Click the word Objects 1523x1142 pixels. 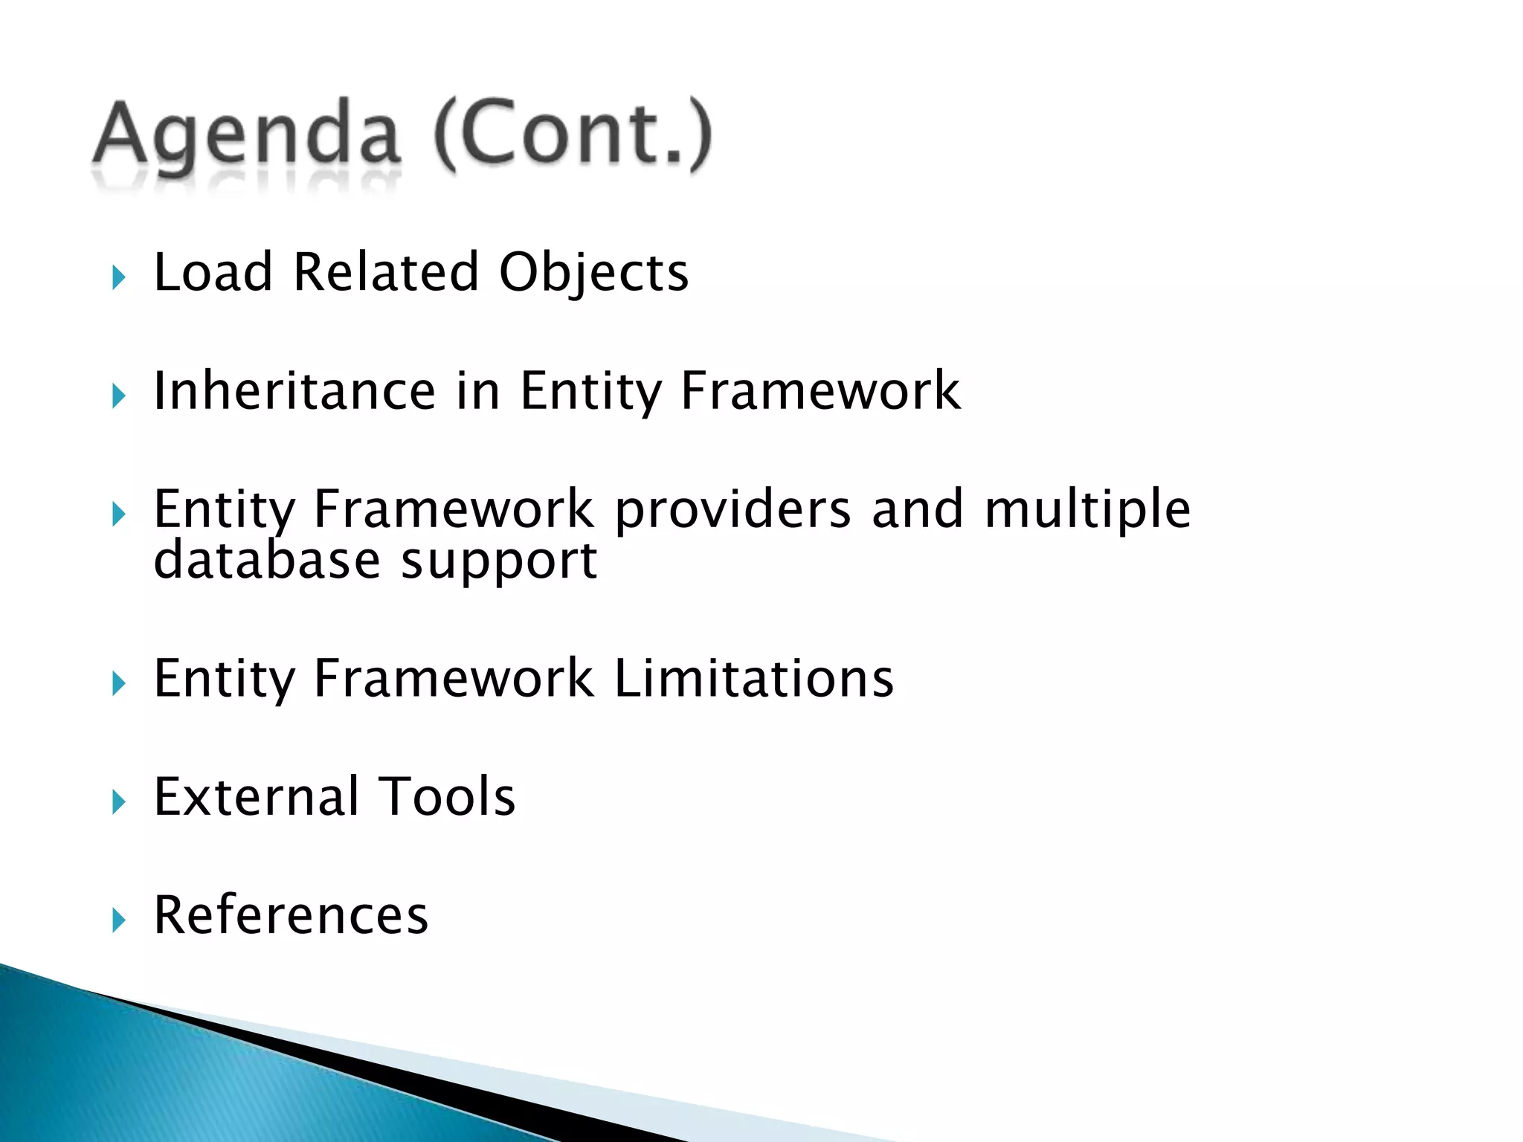(x=593, y=274)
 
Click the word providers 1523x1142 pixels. (x=732, y=512)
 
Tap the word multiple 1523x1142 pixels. (x=1087, y=512)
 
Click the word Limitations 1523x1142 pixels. (x=754, y=679)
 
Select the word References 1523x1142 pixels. (x=291, y=915)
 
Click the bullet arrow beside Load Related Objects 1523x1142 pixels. (x=118, y=278)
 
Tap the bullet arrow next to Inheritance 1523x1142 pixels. (x=118, y=396)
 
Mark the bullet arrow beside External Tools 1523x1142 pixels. (x=118, y=802)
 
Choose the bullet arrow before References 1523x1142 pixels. (x=118, y=920)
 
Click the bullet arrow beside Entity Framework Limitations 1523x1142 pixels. (x=118, y=684)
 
